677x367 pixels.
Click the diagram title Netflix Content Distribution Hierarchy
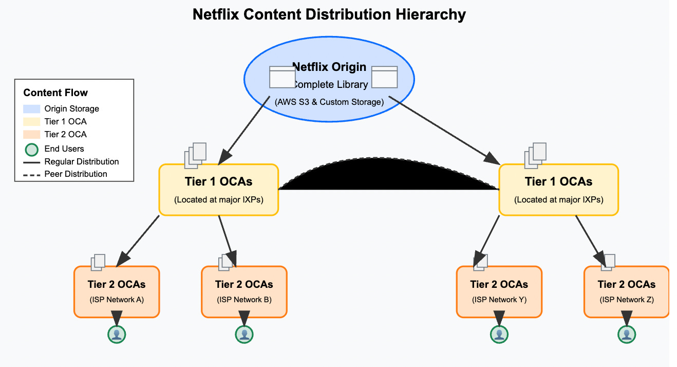[329, 14]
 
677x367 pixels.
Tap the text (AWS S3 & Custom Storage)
[329, 102]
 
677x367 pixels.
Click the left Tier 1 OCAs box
[219, 189]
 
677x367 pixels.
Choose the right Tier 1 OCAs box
[558, 189]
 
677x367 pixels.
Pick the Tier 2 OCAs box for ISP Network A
[116, 291]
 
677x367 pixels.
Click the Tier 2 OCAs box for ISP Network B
[244, 291]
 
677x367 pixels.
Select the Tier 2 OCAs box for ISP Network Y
[499, 291]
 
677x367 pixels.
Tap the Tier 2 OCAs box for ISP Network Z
[626, 291]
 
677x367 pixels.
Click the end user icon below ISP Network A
[117, 334]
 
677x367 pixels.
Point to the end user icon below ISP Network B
[245, 334]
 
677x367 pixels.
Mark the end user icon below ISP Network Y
[499, 334]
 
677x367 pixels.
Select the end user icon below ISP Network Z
[626, 334]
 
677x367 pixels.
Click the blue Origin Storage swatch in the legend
[31, 109]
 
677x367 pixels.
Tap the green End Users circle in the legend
[31, 149]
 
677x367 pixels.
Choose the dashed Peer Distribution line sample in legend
[31, 174]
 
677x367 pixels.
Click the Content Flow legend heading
[55, 93]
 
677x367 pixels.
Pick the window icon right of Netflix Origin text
[384, 77]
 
